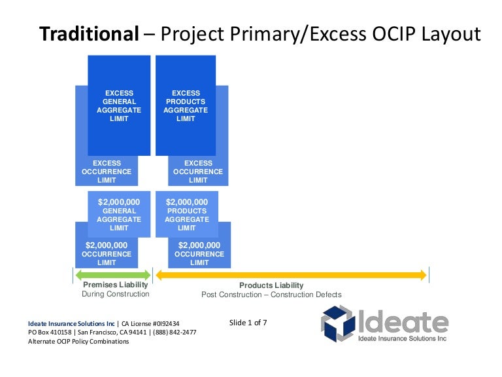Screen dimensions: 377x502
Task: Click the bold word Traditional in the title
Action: pos(90,33)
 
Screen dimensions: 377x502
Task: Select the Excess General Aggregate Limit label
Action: pos(119,106)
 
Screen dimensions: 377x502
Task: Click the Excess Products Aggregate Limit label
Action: pos(186,106)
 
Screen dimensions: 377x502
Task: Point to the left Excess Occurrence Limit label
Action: pos(107,171)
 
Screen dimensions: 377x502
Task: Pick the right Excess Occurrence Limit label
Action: pos(198,171)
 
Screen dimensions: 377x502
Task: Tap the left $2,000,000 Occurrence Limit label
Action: pos(107,254)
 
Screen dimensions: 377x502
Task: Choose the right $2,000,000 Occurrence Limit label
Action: pos(199,254)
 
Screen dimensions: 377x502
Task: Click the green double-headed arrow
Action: pos(112,275)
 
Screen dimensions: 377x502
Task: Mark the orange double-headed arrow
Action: pos(291,275)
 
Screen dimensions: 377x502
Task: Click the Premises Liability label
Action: pos(116,285)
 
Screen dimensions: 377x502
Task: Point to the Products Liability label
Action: pos(271,285)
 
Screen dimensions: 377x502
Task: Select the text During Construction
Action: pos(116,295)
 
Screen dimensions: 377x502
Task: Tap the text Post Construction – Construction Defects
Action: pos(271,295)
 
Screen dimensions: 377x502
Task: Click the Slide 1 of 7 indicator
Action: pos(248,323)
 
